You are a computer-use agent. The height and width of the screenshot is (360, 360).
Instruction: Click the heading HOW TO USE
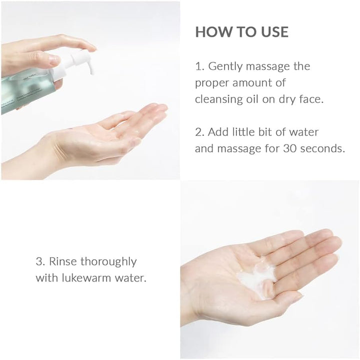[241, 32]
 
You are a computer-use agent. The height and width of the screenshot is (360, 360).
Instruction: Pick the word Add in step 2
[218, 132]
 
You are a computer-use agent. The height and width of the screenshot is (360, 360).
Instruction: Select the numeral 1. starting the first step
[199, 66]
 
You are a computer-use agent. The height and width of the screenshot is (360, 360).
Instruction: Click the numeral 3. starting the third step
[39, 262]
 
